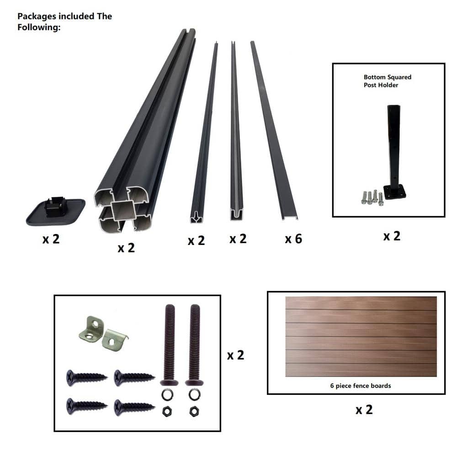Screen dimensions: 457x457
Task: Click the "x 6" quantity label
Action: pyautogui.click(x=293, y=239)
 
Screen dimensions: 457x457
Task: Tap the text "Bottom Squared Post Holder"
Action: pyautogui.click(x=388, y=81)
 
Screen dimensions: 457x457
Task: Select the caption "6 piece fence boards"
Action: pyautogui.click(x=361, y=386)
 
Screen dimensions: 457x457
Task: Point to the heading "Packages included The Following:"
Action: pyautogui.click(x=65, y=21)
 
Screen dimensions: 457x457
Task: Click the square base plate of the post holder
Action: pyautogui.click(x=394, y=192)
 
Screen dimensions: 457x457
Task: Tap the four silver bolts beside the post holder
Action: pyautogui.click(x=372, y=197)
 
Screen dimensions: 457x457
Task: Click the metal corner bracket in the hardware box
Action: pyautogui.click(x=103, y=334)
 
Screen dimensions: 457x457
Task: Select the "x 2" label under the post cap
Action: pyautogui.click(x=51, y=239)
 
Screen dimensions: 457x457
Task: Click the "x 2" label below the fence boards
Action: pyautogui.click(x=364, y=410)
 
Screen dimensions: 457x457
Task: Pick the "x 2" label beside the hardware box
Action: pyautogui.click(x=235, y=355)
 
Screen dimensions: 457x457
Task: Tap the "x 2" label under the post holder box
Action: pyautogui.click(x=392, y=236)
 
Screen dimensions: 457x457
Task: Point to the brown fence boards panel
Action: pyautogui.click(x=361, y=337)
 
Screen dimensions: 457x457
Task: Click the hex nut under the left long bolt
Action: pyautogui.click(x=167, y=412)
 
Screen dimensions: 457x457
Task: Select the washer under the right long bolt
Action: pyautogui.click(x=194, y=395)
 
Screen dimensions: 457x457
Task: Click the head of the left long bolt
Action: pyautogui.click(x=170, y=383)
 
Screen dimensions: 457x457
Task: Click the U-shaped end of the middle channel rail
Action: pyautogui.click(x=236, y=215)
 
